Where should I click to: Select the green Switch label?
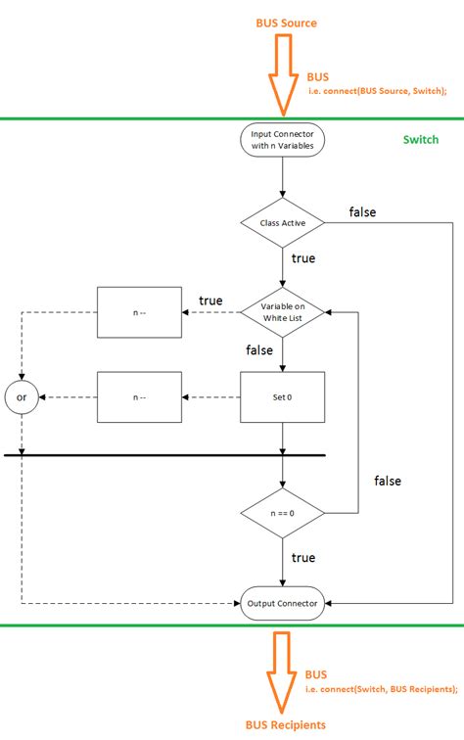[421, 139]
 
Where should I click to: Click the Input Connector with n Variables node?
[282, 141]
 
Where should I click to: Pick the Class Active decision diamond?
[282, 222]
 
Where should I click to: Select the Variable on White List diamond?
[282, 311]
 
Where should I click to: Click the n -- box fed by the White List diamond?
[138, 312]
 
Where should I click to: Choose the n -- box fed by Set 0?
[138, 396]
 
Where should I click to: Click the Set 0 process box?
[282, 396]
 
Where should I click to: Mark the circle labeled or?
[20, 396]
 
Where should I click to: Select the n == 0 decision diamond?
[282, 512]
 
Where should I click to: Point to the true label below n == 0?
[303, 557]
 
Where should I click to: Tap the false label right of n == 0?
[388, 481]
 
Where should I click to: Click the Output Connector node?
[282, 603]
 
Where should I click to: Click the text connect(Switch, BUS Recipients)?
[382, 690]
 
